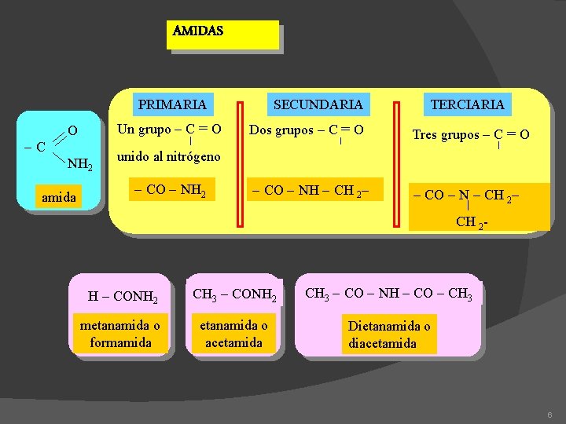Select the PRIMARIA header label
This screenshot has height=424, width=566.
coord(172,104)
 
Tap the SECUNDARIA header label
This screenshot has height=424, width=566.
coord(318,104)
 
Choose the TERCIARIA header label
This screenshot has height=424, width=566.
coord(467,104)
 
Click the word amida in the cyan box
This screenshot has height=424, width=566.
coord(59,197)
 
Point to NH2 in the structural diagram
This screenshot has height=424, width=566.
coord(80,164)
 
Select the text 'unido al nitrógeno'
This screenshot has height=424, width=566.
coord(168,157)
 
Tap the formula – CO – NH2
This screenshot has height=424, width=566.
coord(170,190)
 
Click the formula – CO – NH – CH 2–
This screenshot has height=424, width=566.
coord(310,190)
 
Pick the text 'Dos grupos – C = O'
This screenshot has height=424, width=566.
coord(306,130)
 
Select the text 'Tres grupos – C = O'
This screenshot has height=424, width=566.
coord(471,134)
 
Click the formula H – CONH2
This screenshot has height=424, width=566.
coord(123,297)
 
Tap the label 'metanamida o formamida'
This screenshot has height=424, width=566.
coord(120,334)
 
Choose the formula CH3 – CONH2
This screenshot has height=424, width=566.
coord(234,296)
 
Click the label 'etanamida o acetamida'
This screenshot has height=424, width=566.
coord(233,334)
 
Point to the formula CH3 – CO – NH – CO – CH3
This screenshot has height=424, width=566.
coord(388,294)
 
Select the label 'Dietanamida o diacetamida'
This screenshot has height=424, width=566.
coord(389,334)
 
